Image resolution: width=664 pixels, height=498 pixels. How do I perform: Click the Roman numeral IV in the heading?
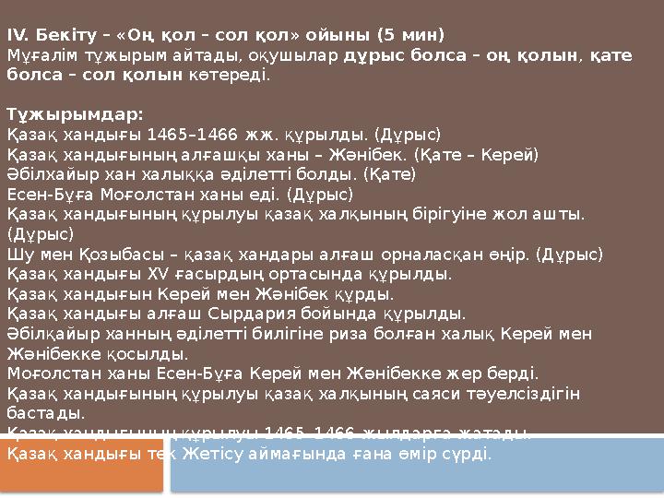[x=18, y=36]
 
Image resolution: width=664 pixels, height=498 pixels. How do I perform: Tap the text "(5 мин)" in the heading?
[x=409, y=36]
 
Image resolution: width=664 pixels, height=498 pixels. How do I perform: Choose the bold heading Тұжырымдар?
[x=75, y=114]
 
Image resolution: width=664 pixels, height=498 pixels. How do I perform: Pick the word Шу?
[x=18, y=254]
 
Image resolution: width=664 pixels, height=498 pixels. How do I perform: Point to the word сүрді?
[x=469, y=454]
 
